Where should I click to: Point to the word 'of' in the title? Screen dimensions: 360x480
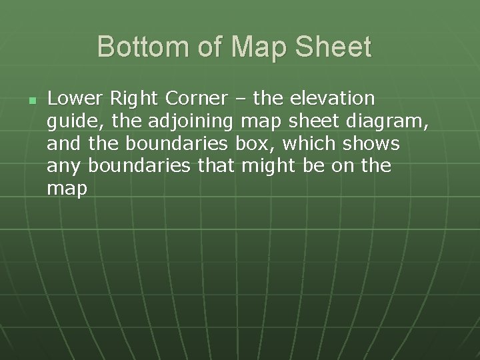coord(207,47)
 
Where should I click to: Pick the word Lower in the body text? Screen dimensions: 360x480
coord(75,99)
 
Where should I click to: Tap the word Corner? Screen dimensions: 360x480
coord(197,99)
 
